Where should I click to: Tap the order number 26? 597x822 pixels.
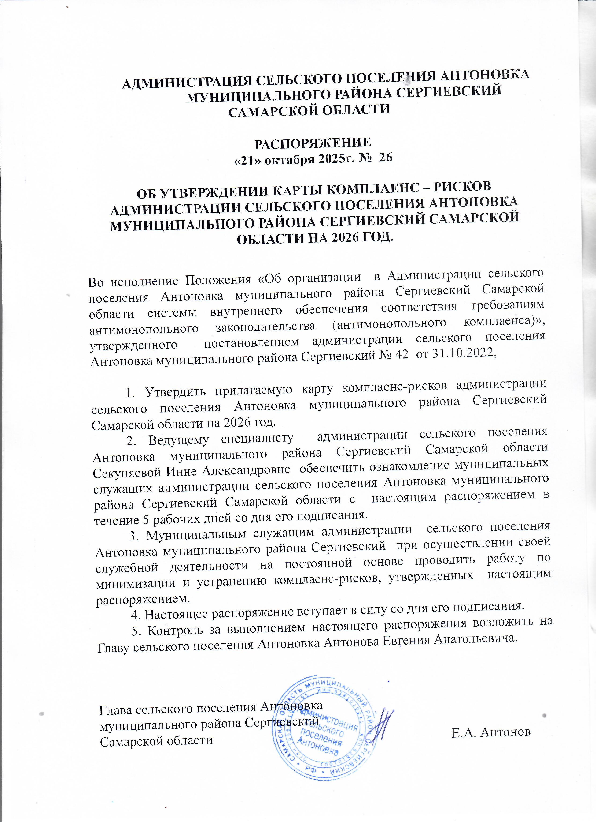tap(384, 158)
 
